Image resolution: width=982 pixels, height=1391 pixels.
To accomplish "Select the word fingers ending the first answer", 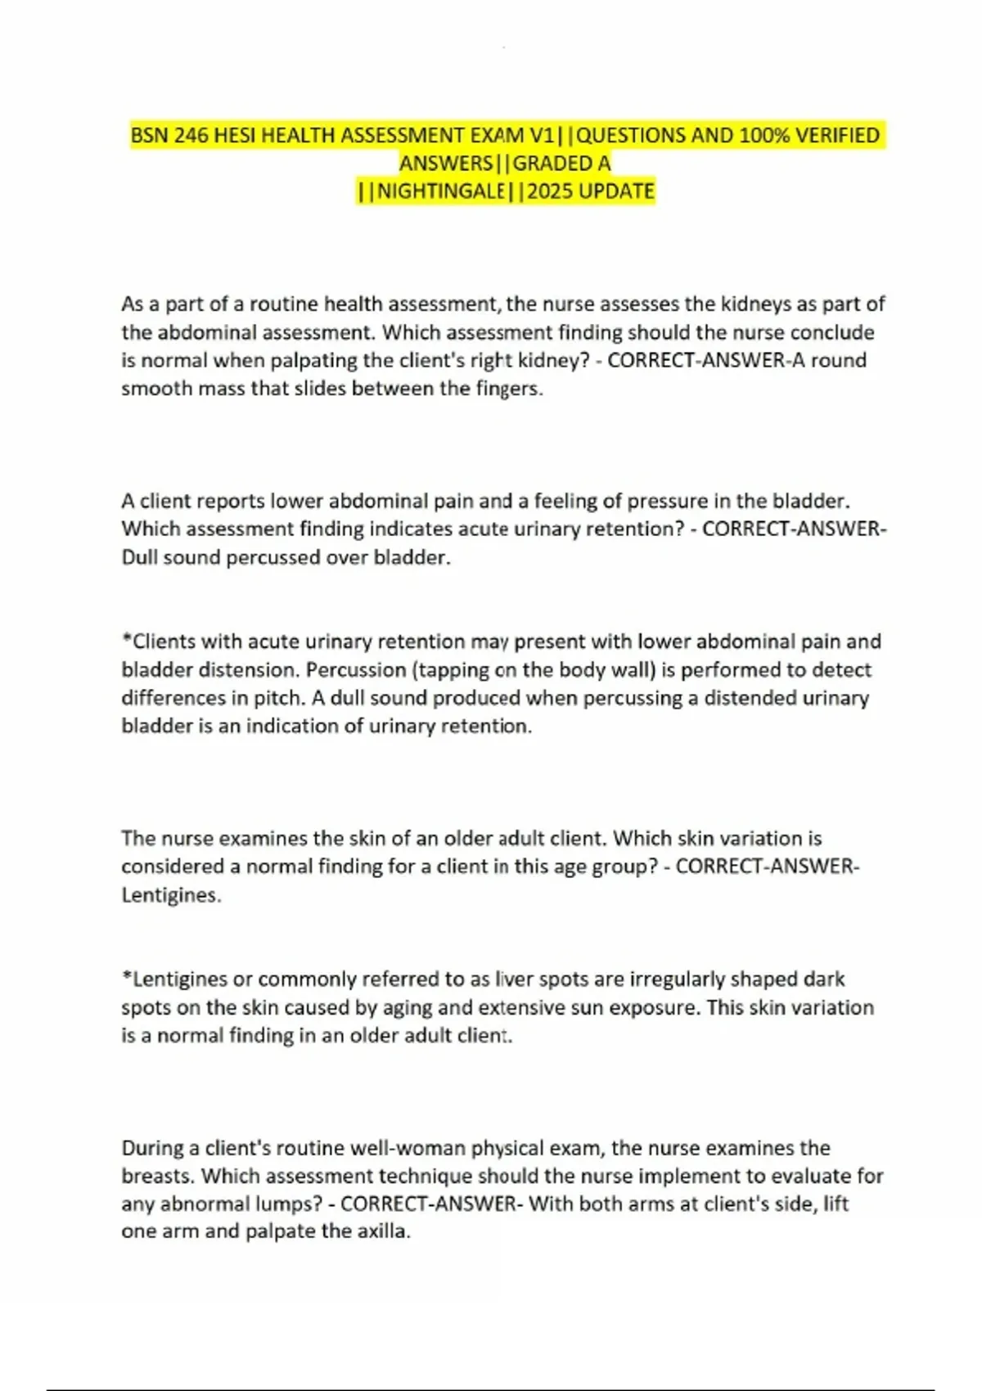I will pos(509,389).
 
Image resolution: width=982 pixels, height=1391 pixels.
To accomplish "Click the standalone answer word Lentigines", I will pos(171,895).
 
